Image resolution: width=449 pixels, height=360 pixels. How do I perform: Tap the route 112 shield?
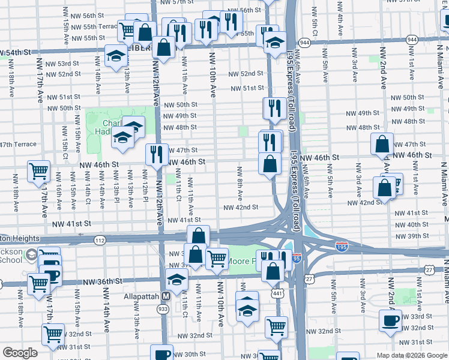pyautogui.click(x=100, y=240)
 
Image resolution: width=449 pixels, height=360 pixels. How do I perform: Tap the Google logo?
pyautogui.click(x=20, y=353)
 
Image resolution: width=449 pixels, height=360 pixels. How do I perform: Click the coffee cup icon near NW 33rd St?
pyautogui.click(x=391, y=320)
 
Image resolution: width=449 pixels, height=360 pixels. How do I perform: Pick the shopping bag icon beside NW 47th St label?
pyautogui.click(x=382, y=144)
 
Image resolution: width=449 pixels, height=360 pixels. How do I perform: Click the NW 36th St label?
pyautogui.click(x=103, y=281)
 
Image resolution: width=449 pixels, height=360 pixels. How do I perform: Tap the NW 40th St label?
pyautogui.click(x=408, y=224)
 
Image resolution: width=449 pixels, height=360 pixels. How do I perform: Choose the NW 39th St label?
pyautogui.click(x=408, y=236)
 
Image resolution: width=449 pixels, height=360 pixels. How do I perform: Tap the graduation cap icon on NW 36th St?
pyautogui.click(x=177, y=279)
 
